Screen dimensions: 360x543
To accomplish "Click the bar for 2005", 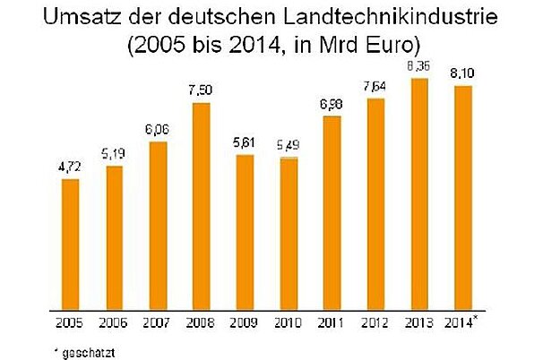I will [x=70, y=241].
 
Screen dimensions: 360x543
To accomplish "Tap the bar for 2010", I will [x=289, y=230].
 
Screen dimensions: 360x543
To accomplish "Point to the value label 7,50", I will [x=201, y=91].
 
